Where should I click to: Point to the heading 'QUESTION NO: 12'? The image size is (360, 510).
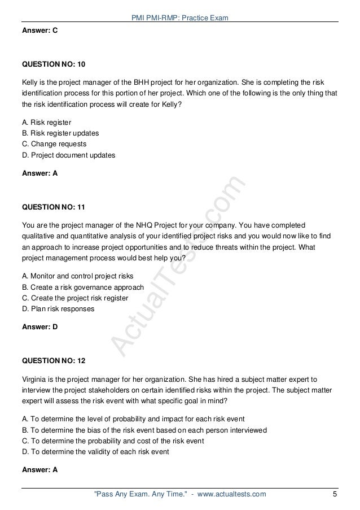point(54,359)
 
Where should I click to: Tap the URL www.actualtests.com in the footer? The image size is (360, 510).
point(231,494)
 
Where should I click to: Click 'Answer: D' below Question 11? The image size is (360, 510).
point(39,326)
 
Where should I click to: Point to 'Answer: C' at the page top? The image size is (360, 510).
point(39,32)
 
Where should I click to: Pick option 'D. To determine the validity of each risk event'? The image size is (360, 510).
point(95,452)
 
